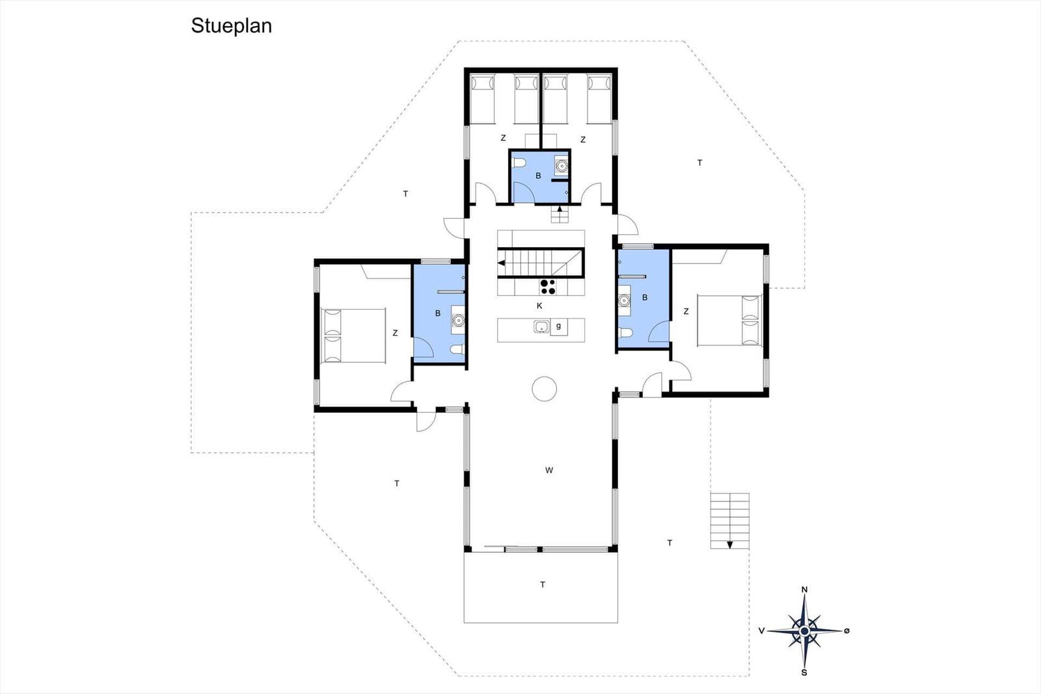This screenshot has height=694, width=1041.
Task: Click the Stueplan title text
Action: pos(231,26)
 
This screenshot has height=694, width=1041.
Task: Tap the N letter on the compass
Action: pos(804,589)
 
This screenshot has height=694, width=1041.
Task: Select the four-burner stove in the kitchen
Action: pos(547,287)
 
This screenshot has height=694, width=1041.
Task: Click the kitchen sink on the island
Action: pos(541,327)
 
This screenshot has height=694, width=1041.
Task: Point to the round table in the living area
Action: pos(544,388)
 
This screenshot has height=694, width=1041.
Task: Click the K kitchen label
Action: pos(539,306)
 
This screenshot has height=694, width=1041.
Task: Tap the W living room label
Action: pos(549,470)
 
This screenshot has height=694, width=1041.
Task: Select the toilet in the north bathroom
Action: pos(518,163)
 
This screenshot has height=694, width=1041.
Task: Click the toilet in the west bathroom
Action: pos(457,350)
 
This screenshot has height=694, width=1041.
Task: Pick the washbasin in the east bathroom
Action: pos(624,300)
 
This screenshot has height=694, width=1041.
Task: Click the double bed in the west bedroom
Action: pos(353,336)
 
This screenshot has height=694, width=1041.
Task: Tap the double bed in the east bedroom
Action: pos(729,320)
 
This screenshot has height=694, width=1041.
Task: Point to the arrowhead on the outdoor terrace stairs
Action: pos(729,545)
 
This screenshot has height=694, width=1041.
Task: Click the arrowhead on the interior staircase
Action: pos(501,263)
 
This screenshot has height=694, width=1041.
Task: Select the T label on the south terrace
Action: pos(543,584)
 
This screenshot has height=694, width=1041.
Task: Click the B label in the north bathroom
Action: pos(538,176)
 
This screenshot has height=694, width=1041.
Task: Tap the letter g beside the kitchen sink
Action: pos(559,326)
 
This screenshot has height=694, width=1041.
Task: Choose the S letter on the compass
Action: pos(804,673)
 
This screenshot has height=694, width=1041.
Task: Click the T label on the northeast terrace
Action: pos(699,163)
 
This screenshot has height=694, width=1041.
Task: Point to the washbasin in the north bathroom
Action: pos(562,165)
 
